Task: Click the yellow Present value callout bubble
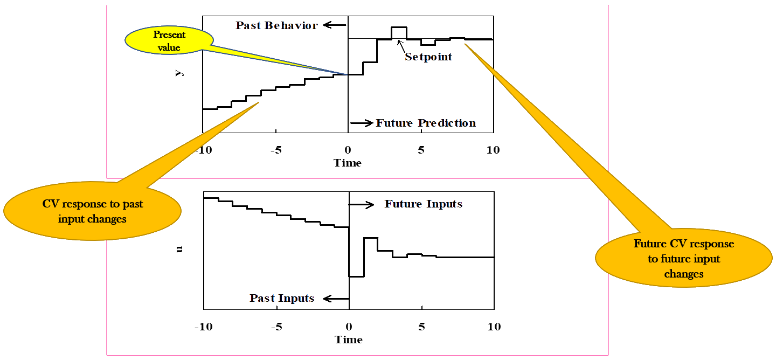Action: point(169,41)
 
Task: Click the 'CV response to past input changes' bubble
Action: point(92,211)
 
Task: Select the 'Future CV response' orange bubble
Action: point(683,259)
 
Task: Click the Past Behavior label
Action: point(276,25)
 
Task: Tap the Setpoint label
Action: point(428,57)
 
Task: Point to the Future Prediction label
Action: point(425,123)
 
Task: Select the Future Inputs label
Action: point(423,204)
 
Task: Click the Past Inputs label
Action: point(282,298)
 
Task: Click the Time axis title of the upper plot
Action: point(348,163)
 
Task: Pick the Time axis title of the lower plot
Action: point(348,340)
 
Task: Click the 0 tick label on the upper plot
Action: point(348,150)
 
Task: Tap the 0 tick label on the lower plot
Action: point(349,327)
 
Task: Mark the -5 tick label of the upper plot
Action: point(276,150)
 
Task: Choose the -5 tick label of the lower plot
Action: point(276,327)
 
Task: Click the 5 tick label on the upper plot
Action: point(421,150)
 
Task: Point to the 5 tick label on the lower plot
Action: point(421,327)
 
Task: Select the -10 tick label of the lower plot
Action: point(203,327)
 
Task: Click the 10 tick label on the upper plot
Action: point(493,150)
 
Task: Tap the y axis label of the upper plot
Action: point(179,73)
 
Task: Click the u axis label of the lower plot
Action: point(179,250)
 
